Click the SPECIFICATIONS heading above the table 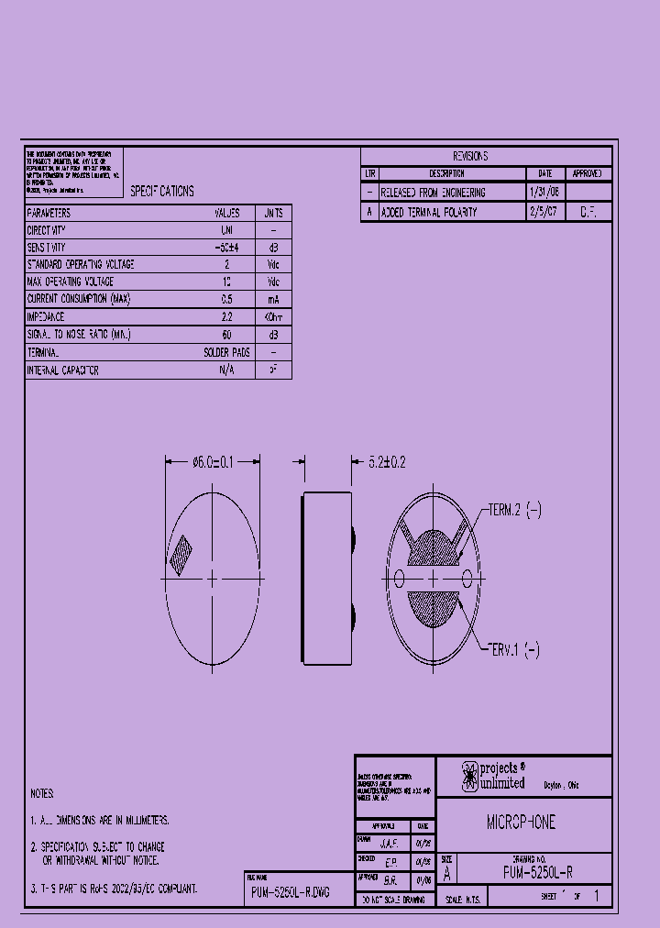pos(161,192)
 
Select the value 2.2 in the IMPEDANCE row pos(226,316)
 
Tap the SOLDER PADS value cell pos(226,352)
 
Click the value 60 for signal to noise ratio pos(226,335)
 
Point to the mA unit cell pos(273,300)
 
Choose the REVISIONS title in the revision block pos(470,157)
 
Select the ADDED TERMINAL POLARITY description pos(428,212)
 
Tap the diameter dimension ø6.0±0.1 pos(213,463)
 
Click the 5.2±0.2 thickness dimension pos(386,463)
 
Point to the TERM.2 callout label pos(514,511)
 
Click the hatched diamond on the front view pos(181,552)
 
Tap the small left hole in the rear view pos(399,578)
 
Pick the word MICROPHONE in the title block pos(521,823)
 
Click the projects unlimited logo pos(493,776)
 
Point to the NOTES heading pos(42,793)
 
